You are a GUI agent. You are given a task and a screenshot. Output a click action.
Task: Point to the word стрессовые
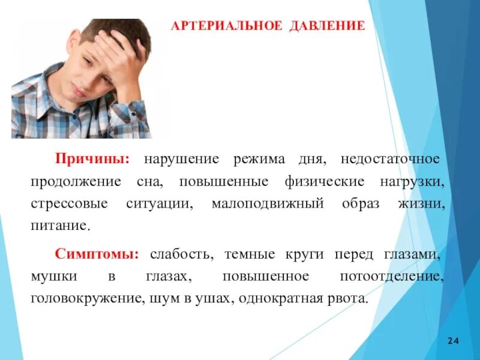point(70,204)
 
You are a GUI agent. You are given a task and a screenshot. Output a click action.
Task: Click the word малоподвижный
point(268,204)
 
